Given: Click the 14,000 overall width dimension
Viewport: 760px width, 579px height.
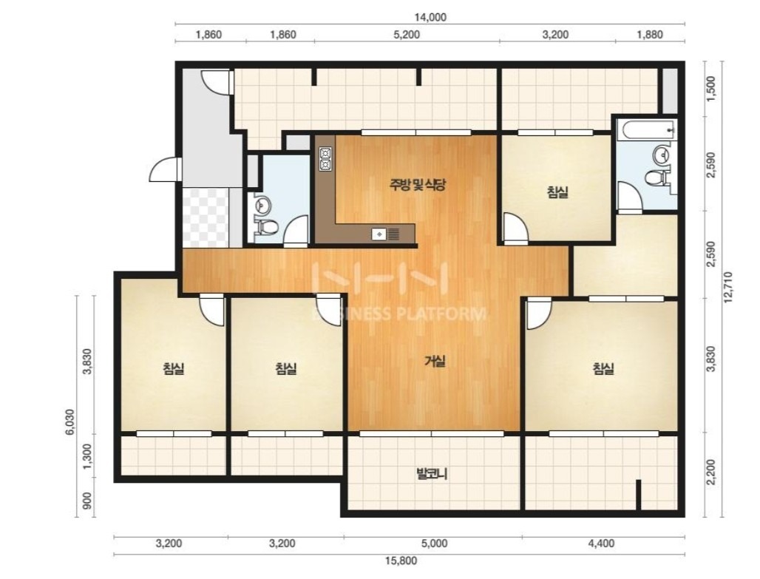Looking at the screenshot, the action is tap(430, 18).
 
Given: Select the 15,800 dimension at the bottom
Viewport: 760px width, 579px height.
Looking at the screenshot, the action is tap(401, 561).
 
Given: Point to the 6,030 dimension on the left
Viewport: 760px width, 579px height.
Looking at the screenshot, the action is tap(71, 423).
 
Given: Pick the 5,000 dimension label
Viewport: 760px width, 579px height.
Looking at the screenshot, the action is tap(434, 544).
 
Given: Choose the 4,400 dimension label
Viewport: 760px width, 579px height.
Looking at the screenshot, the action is tap(601, 544).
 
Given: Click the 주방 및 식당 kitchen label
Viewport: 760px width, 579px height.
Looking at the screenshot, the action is tap(417, 185).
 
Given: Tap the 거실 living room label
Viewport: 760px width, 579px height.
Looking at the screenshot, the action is tap(435, 362).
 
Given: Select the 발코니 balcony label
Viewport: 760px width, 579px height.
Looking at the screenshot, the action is tap(432, 474).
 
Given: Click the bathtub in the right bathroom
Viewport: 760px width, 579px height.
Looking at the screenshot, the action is tap(647, 129).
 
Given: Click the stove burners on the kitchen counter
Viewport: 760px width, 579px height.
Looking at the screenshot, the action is tap(325, 159).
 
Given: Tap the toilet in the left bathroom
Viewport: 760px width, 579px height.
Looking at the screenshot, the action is tap(265, 226).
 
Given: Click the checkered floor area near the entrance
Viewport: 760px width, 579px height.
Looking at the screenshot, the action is tap(205, 217).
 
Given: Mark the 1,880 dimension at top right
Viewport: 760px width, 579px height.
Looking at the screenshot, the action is tap(650, 35).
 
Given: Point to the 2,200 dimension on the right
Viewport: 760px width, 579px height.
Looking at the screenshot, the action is tap(711, 473).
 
